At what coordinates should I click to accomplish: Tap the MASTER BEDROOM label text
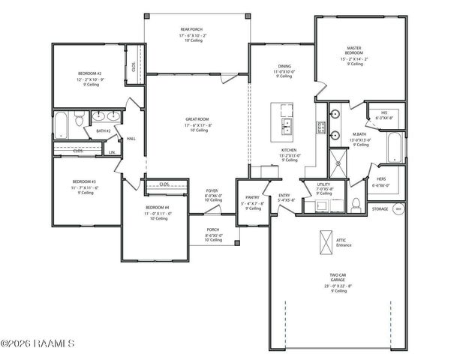[354, 50]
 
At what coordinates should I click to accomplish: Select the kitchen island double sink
[287, 125]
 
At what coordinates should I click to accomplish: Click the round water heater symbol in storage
[398, 208]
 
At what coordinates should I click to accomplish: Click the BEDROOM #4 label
[157, 206]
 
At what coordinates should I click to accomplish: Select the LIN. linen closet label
[112, 152]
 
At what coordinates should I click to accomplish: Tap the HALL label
[131, 139]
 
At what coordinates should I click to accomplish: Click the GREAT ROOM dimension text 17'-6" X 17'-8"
[199, 124]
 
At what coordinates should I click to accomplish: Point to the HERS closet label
[381, 179]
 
